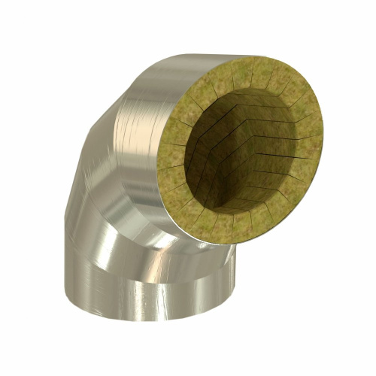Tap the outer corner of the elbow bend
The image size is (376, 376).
[94, 132]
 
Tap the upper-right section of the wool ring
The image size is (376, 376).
[297, 94]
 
